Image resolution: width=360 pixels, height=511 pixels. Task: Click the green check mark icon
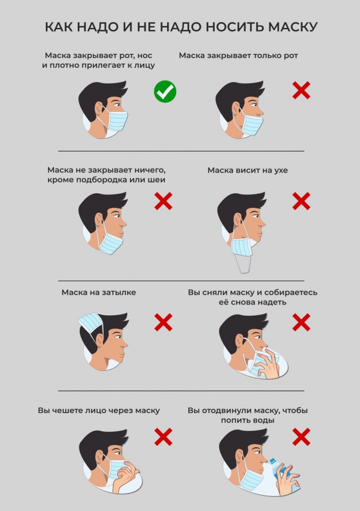coord(165,92)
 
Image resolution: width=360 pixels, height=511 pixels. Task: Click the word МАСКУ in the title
coord(293,27)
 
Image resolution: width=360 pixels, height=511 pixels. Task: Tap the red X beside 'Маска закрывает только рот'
coord(301,90)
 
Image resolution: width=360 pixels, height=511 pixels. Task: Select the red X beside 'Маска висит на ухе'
coord(301,201)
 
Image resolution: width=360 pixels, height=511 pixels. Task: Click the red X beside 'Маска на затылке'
coord(163,322)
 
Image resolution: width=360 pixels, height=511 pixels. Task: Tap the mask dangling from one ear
coord(242,247)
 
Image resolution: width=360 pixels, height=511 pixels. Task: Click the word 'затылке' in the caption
coord(119,292)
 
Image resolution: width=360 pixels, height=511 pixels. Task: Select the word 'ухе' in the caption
coord(281,171)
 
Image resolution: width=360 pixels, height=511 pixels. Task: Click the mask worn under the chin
coord(110,244)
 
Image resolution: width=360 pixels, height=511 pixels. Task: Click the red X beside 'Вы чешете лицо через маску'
coord(163,437)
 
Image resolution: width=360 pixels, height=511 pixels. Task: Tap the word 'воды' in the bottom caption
coord(265,420)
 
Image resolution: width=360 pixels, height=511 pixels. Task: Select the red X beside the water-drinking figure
coord(301,437)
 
